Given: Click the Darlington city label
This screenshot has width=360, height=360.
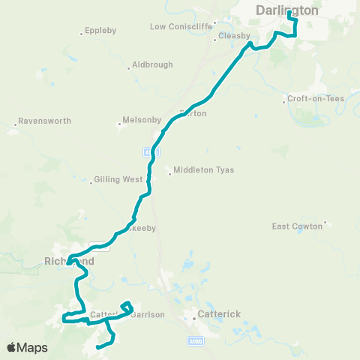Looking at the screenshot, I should pos(286,10).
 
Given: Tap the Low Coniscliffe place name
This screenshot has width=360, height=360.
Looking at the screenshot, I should pos(178,27).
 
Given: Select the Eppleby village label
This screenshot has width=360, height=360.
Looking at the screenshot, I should pos(99,33).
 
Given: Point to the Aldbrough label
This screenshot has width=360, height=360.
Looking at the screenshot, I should pos(151,65).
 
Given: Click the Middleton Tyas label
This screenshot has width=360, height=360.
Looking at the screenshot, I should pos(204,170).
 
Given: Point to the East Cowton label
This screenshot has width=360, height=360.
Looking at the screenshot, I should pos(296,226).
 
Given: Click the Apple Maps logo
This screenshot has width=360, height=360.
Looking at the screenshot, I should pos(26,347).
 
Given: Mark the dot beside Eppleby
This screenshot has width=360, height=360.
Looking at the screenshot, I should pos(82,33).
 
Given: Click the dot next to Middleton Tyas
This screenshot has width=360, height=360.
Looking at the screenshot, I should pos(171,175).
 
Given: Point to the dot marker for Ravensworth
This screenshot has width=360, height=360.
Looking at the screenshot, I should pos(15,124).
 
